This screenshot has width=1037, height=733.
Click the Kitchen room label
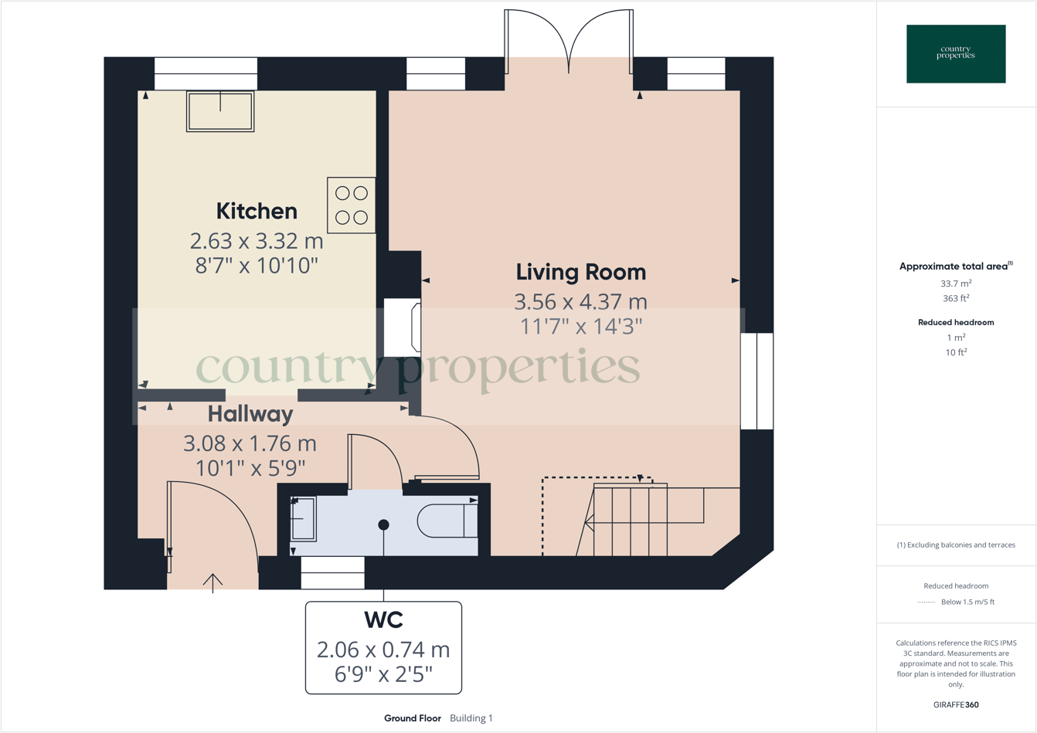click(257, 211)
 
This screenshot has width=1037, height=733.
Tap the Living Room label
click(581, 272)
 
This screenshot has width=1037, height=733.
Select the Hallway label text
click(250, 414)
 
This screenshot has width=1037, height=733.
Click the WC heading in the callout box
click(384, 620)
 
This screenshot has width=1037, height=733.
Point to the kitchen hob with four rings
click(352, 205)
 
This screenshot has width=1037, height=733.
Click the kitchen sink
click(220, 111)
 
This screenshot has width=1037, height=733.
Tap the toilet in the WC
click(447, 521)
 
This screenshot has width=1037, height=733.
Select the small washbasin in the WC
click(303, 519)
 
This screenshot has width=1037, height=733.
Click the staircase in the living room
click(648, 519)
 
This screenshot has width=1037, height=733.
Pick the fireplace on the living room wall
click(403, 327)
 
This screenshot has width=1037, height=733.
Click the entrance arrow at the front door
click(213, 583)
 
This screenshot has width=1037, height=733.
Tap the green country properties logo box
click(956, 53)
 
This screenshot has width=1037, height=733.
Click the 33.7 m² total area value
click(956, 283)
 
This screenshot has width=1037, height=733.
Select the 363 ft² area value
click(956, 298)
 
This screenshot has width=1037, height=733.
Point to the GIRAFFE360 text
click(956, 704)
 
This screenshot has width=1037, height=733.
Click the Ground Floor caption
click(413, 718)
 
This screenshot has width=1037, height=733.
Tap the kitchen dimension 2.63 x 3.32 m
click(257, 241)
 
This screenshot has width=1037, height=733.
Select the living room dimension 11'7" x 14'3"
click(581, 327)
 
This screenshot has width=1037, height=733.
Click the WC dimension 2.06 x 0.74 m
click(383, 650)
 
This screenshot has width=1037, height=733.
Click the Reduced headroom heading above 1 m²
click(956, 323)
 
